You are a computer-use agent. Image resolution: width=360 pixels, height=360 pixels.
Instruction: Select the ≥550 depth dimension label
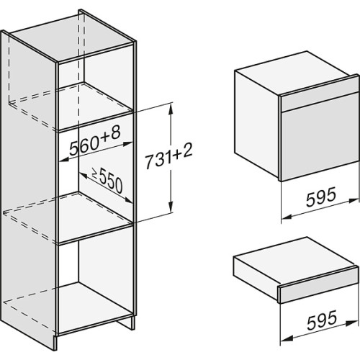[107, 181]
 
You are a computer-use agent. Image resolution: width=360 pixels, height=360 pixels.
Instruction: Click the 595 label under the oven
[320, 197]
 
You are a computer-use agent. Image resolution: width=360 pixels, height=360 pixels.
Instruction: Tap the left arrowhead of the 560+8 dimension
[64, 160]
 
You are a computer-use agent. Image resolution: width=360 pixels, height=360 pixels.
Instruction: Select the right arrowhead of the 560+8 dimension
[127, 144]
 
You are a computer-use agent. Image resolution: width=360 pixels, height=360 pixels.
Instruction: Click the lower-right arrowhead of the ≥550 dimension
[128, 200]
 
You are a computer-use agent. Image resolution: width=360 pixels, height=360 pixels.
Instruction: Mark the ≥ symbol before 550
[94, 174]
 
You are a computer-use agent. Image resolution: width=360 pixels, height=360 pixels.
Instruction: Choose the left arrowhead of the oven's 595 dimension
[287, 217]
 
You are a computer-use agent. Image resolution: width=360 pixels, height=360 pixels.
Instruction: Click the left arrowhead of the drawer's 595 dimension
[287, 339]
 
